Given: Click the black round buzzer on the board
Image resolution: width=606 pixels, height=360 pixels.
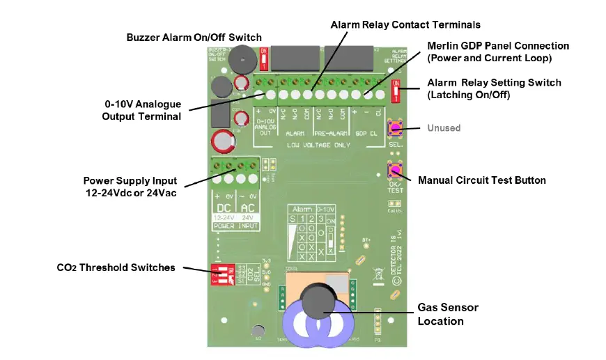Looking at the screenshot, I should tap(241, 58).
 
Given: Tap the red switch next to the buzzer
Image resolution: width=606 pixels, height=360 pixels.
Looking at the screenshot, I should tap(263, 59).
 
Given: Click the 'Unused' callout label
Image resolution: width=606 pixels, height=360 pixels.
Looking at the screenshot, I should tap(444, 128).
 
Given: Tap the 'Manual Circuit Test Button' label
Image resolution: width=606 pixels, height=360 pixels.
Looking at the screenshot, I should tap(481, 180).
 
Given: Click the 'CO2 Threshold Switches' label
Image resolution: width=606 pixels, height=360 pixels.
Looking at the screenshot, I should tap(116, 267).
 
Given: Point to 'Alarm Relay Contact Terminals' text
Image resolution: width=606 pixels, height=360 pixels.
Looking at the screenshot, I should tap(405, 25).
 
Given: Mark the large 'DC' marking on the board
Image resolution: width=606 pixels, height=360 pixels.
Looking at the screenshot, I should tap(224, 208).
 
